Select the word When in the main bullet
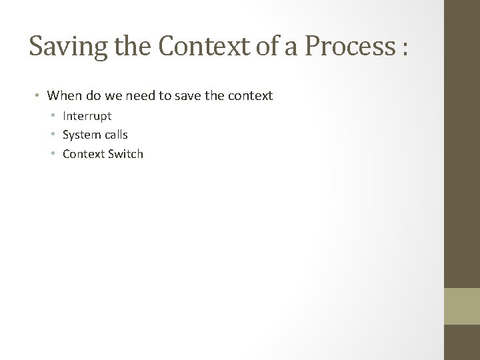[x=63, y=96]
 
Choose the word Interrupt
[x=87, y=116]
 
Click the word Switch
[x=125, y=154]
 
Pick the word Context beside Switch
[x=83, y=154]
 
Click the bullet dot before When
[x=39, y=97]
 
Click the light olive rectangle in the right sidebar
[x=462, y=306]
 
